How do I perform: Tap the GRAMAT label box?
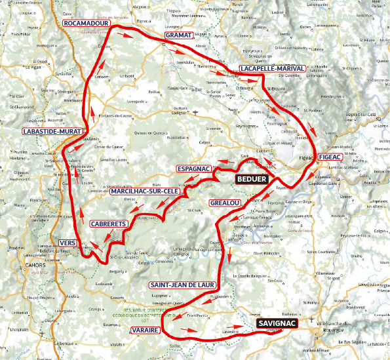(x=178, y=34)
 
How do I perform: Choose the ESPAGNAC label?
(x=193, y=169)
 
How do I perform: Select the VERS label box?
(x=68, y=243)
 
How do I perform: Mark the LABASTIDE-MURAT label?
(x=52, y=132)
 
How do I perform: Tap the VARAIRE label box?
(x=145, y=329)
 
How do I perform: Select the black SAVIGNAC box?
(x=277, y=323)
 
